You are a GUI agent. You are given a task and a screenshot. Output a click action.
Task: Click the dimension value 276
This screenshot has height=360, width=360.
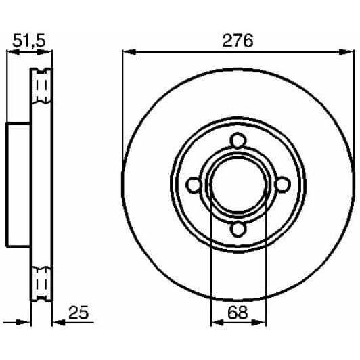238,40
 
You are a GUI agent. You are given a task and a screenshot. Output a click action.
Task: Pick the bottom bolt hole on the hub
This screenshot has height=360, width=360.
237,229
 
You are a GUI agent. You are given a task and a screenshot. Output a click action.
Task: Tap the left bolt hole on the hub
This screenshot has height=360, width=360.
193,185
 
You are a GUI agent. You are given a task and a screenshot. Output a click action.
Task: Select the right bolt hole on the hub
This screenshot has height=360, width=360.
282,185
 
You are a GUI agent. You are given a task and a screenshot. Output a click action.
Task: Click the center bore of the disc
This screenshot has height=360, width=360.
237,185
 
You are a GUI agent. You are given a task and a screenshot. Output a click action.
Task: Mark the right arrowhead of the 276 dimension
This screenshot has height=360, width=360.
347,51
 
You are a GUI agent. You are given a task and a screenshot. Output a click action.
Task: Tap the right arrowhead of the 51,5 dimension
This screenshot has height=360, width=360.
49,51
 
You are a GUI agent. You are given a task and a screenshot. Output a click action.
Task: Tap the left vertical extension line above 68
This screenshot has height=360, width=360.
211,257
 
